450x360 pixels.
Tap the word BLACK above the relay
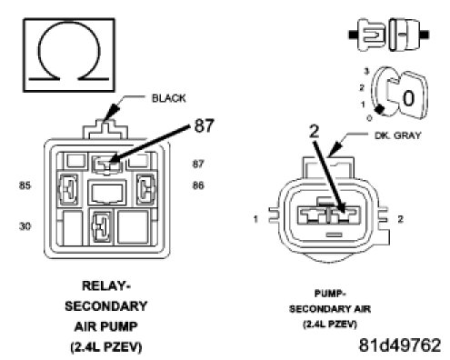(168, 98)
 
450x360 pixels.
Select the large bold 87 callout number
(204, 125)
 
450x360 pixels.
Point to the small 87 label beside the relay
(198, 164)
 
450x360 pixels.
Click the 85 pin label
(25, 185)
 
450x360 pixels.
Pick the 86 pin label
(198, 185)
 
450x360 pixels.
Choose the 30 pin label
(25, 226)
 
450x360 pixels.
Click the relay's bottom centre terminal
(101, 226)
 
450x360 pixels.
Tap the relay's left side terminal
(67, 190)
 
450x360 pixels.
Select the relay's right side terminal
(146, 190)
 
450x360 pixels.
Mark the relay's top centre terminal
(107, 165)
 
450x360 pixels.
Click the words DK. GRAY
(397, 135)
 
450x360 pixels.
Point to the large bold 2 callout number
(315, 131)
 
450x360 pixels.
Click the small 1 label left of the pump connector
(255, 219)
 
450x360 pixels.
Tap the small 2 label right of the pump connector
(400, 219)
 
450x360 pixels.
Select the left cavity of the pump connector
(312, 215)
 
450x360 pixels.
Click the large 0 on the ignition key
(408, 98)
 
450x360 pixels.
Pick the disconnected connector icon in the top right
(389, 35)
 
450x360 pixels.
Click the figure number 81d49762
(400, 345)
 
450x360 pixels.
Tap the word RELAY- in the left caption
(106, 285)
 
